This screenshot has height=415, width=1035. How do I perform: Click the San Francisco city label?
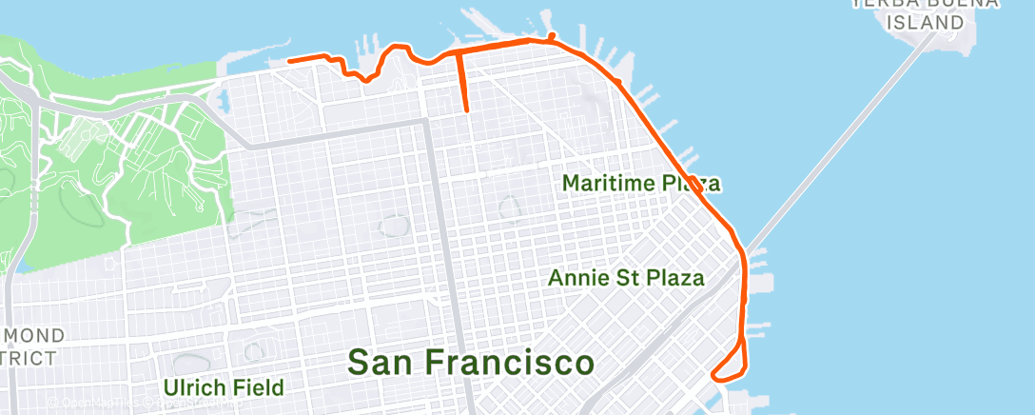(x=471, y=363)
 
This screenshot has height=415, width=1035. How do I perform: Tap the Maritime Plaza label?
(x=640, y=182)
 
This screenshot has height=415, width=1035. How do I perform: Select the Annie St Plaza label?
(x=627, y=278)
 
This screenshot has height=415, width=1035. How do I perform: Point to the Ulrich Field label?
(x=223, y=387)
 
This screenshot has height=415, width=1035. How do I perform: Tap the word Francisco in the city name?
(x=511, y=363)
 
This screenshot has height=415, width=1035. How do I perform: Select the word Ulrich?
(x=194, y=387)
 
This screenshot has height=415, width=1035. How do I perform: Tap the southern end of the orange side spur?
(x=466, y=111)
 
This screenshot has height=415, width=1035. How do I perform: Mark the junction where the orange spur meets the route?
(x=459, y=49)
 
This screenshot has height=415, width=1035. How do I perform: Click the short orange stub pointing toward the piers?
(x=552, y=36)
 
